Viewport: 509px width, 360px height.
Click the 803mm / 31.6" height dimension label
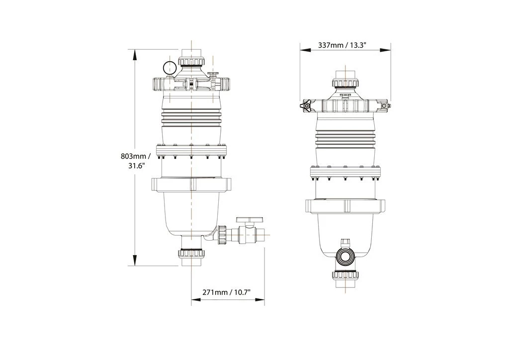coord(135,161)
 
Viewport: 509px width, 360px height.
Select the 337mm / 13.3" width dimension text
coord(342,45)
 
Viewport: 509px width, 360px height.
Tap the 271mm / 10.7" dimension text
coord(226,292)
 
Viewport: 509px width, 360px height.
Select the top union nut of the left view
coord(191,62)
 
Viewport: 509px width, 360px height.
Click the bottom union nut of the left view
coord(191,254)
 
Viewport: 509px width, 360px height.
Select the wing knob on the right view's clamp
coord(306,105)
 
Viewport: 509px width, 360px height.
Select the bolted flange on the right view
coord(345,173)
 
